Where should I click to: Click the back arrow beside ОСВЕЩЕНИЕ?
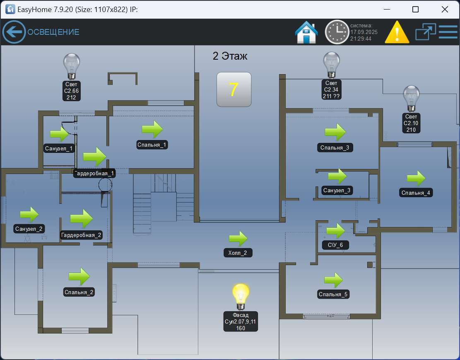pyautogui.click(x=14, y=32)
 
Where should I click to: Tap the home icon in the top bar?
pyautogui.click(x=306, y=32)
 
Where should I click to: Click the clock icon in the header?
pyautogui.click(x=337, y=32)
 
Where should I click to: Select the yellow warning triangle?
pyautogui.click(x=397, y=32)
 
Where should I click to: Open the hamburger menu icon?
pyautogui.click(x=448, y=32)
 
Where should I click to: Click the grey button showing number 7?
pyautogui.click(x=234, y=89)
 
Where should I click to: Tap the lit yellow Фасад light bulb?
pyautogui.click(x=241, y=297)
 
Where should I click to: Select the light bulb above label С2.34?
pyautogui.click(x=331, y=65)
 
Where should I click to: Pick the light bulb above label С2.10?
pyautogui.click(x=411, y=99)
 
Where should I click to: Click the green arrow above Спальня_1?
pyautogui.click(x=152, y=129)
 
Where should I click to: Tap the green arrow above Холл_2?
pyautogui.click(x=238, y=238)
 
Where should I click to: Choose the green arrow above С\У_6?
pyautogui.click(x=335, y=230)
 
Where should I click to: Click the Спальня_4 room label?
pyautogui.click(x=416, y=193)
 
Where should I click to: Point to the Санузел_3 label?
pyautogui.click(x=337, y=191)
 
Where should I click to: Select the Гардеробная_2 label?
pyautogui.click(x=81, y=235)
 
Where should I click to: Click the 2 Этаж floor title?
pyautogui.click(x=230, y=56)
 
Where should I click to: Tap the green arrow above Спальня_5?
pyautogui.click(x=333, y=280)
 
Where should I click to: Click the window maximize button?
pyautogui.click(x=415, y=10)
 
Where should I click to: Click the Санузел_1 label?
pyautogui.click(x=59, y=148)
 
